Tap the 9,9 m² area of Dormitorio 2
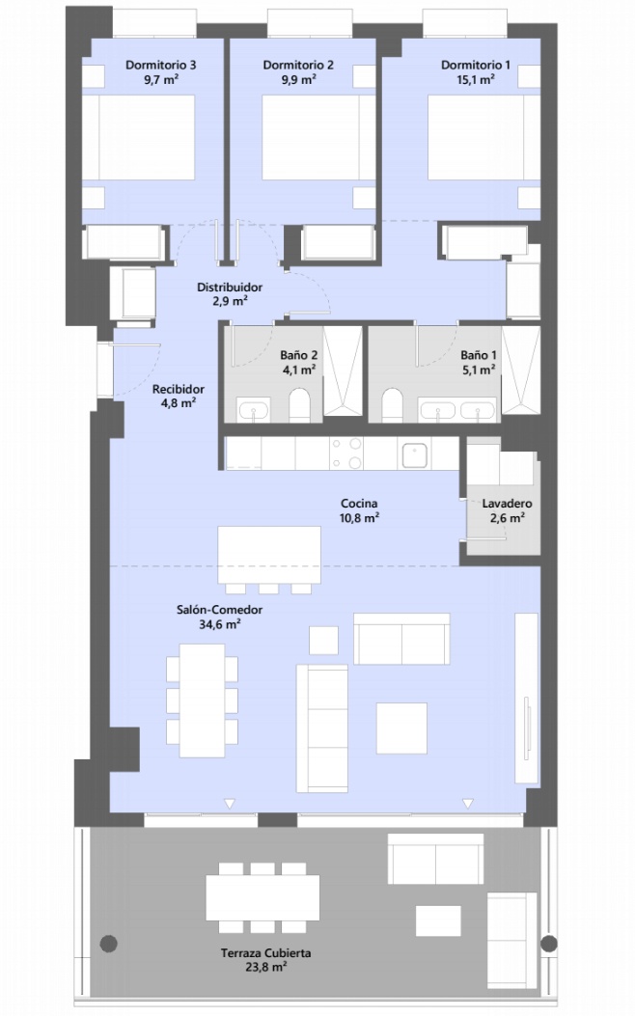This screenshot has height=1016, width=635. [x=299, y=79]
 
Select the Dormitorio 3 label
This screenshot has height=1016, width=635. [x=161, y=65]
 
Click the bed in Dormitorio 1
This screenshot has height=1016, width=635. [x=484, y=137]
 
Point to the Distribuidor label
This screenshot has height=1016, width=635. [x=230, y=287]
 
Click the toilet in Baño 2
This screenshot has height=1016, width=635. [x=299, y=405]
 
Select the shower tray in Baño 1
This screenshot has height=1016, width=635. [x=520, y=370]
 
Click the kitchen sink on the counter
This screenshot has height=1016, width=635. [x=414, y=454]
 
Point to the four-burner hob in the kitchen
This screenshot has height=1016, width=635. [x=346, y=453]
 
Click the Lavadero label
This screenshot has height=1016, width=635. [x=508, y=504]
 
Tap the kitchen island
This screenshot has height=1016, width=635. [x=269, y=556]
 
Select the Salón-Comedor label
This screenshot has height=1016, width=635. [x=220, y=610]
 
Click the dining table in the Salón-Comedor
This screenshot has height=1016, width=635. [x=202, y=700]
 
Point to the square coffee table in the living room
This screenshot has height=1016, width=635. [x=401, y=728]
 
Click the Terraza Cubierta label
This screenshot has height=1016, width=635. [x=265, y=953]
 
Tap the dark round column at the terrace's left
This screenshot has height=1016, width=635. [x=109, y=944]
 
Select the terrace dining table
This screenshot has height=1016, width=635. [x=262, y=897]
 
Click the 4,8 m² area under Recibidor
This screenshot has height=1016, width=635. [x=179, y=403]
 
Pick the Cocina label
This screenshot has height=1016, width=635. [x=359, y=504]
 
